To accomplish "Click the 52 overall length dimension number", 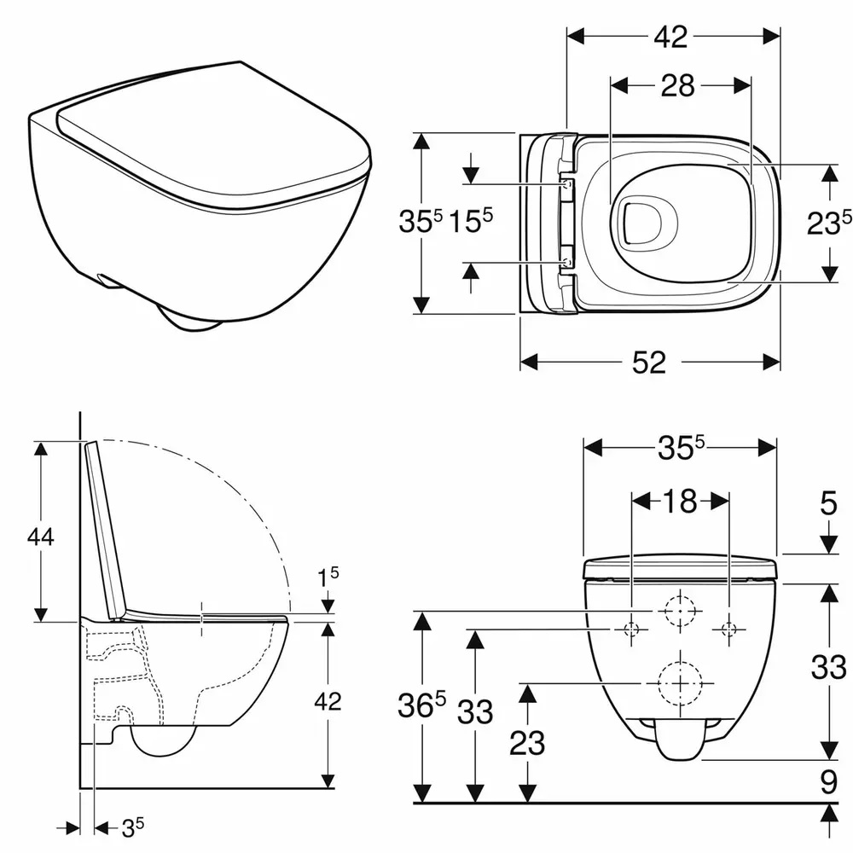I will pyautogui.click(x=649, y=362).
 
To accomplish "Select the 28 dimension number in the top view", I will pyautogui.click(x=678, y=85).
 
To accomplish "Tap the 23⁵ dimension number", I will pyautogui.click(x=828, y=223).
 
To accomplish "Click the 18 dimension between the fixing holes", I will pyautogui.click(x=679, y=502).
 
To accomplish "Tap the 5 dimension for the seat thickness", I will pyautogui.click(x=828, y=505).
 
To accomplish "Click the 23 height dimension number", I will pyautogui.click(x=528, y=743).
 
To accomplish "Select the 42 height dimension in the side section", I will pyautogui.click(x=328, y=701).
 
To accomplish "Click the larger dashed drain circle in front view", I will pyautogui.click(x=679, y=683).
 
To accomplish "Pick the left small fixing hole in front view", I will pyautogui.click(x=631, y=630).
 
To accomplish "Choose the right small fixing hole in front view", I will pyautogui.click(x=728, y=630).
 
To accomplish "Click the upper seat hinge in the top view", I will pyautogui.click(x=566, y=183).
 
